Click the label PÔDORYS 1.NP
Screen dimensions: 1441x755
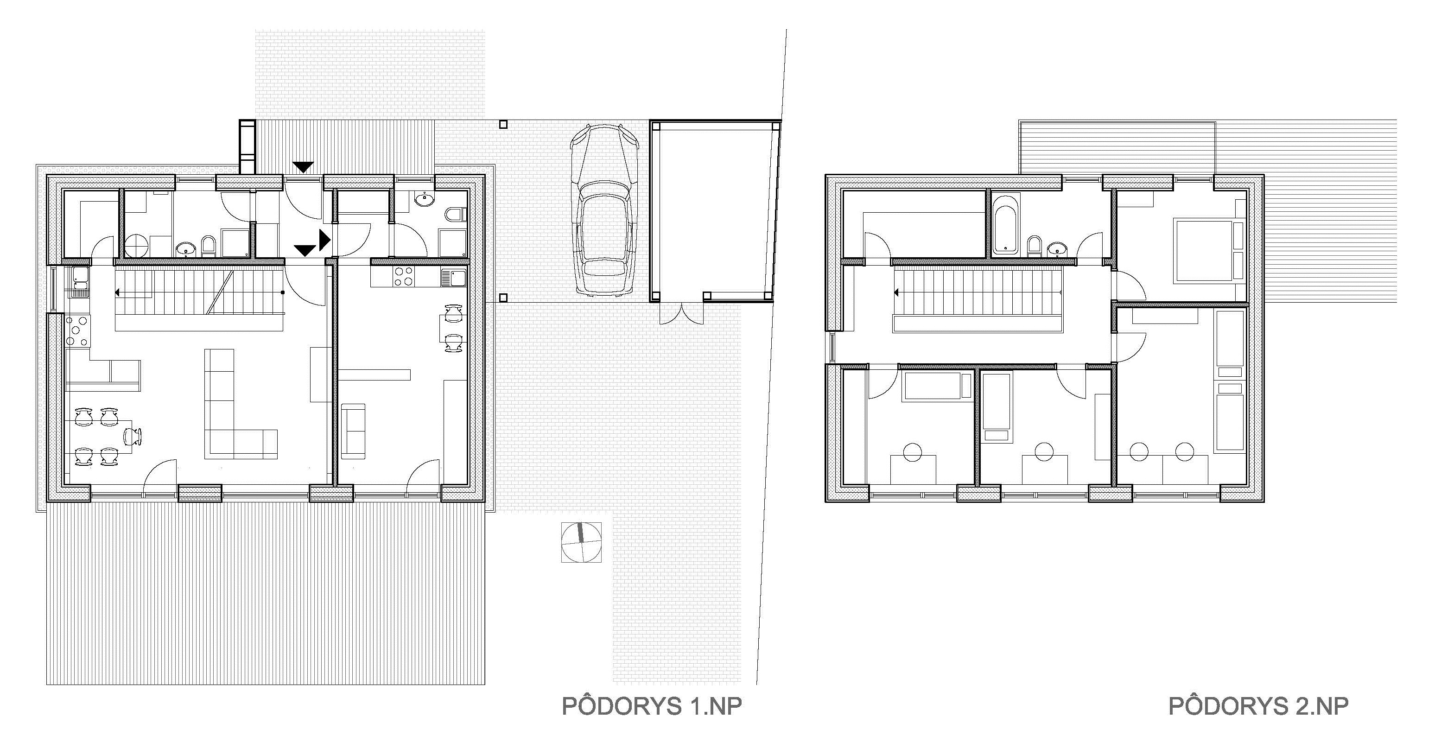click(x=652, y=706)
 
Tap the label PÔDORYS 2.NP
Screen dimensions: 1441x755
click(x=1258, y=706)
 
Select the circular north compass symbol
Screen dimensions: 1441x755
click(x=581, y=542)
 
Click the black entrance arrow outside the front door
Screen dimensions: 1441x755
click(x=304, y=167)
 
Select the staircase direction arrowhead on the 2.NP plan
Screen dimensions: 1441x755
click(x=897, y=292)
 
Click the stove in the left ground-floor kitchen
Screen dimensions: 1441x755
click(x=78, y=332)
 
